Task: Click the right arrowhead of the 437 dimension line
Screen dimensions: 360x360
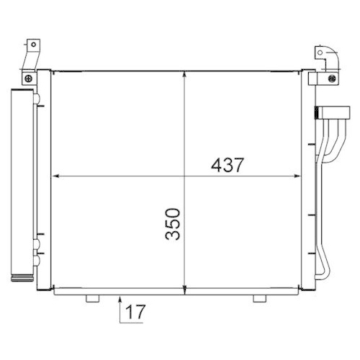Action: [x=297, y=176]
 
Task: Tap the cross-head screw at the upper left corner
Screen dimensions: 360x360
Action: [x=28, y=78]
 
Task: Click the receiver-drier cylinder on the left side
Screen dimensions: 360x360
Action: [x=21, y=180]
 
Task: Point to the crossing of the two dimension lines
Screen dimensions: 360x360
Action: [x=186, y=176]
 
